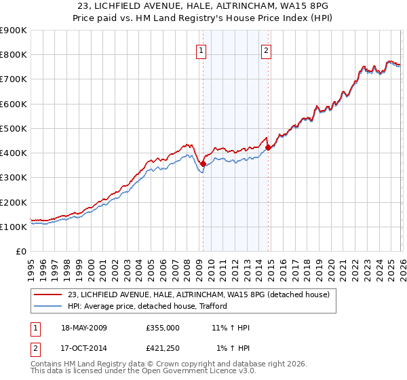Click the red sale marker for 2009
(203, 164)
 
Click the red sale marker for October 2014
(268, 147)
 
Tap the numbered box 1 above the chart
(202, 50)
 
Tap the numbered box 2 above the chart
(266, 50)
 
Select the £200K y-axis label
(13, 202)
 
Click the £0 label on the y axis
(20, 252)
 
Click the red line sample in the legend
(48, 294)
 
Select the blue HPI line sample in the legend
(48, 306)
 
